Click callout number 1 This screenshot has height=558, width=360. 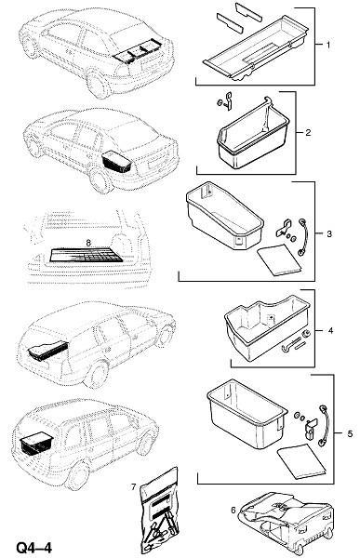click(x=328, y=45)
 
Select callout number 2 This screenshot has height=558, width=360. click(x=308, y=132)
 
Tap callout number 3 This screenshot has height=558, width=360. click(x=328, y=233)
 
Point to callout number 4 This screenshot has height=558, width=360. click(x=330, y=330)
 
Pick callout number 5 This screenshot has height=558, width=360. click(x=350, y=433)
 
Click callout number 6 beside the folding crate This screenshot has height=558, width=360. click(x=233, y=510)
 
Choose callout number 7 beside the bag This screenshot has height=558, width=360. click(x=134, y=486)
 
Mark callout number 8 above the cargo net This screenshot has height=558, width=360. click(x=88, y=243)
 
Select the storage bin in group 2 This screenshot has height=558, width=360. click(x=254, y=137)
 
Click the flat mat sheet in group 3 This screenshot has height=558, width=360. click(x=279, y=259)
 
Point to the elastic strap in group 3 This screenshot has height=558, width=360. click(x=302, y=237)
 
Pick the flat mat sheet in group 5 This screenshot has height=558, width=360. click(x=302, y=461)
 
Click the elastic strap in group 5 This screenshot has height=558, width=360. click(x=324, y=425)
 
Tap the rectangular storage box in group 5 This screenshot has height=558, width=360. click(x=247, y=413)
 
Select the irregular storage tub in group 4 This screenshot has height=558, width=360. click(x=267, y=325)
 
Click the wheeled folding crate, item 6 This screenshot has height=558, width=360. click(x=287, y=523)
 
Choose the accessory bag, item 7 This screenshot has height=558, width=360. click(x=159, y=512)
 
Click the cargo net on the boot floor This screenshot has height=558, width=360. click(x=85, y=255)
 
